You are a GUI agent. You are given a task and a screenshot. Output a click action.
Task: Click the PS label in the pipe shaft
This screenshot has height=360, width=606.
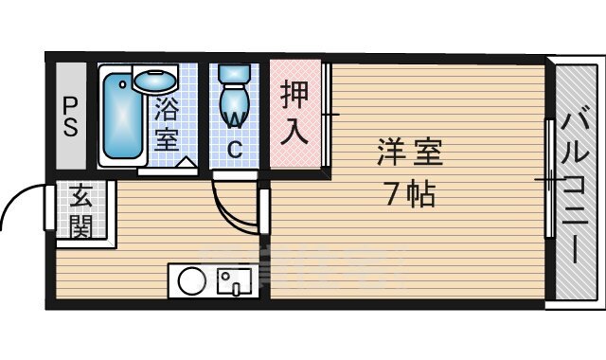click(70, 117)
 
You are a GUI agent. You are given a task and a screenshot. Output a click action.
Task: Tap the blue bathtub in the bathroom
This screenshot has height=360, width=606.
click(122, 116)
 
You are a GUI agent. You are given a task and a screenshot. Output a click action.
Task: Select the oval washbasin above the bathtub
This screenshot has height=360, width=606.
click(154, 81)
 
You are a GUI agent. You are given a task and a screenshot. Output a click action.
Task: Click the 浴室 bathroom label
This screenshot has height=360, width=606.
click(167, 124)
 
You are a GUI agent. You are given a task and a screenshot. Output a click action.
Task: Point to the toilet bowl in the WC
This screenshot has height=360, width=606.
click(234, 105)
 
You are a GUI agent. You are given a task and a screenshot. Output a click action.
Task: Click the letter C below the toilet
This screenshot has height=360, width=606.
click(235, 150)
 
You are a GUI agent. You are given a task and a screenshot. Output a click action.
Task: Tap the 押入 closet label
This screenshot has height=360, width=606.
click(294, 112)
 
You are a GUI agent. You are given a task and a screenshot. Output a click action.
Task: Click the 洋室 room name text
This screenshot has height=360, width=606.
click(410, 152)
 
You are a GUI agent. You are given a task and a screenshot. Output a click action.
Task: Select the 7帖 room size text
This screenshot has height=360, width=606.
click(410, 193)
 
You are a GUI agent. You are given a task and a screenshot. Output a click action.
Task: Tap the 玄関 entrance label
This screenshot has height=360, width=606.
click(81, 210)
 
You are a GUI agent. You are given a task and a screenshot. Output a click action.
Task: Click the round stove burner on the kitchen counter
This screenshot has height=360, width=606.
click(192, 281)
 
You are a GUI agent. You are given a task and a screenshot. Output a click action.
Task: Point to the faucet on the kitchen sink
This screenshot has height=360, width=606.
click(235, 289)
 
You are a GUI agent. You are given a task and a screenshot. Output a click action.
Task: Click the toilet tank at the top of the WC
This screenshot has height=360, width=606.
click(234, 73)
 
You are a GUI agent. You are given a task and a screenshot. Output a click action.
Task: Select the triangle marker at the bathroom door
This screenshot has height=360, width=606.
click(186, 162)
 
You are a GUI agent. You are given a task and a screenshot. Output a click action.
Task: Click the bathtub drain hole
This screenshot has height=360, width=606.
click(123, 83)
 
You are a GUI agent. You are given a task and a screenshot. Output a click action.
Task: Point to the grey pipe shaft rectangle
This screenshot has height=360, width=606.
click(71, 116)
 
